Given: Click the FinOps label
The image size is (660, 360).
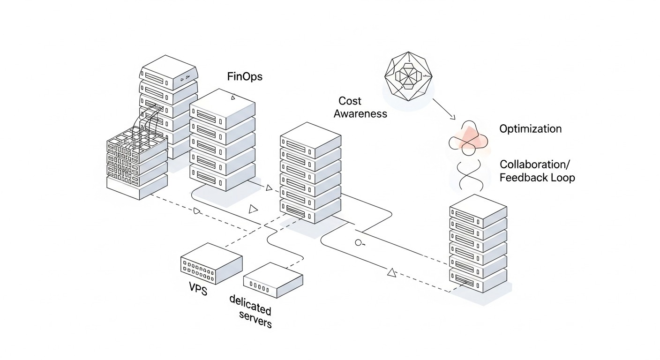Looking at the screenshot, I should click(245, 76).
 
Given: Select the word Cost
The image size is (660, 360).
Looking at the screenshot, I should click(350, 101).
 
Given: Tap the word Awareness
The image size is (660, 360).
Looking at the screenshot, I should click(360, 113).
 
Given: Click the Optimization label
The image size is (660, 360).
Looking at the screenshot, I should click(530, 129).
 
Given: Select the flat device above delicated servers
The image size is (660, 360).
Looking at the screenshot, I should click(273, 280).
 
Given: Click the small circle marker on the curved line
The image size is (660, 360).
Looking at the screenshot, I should click(359, 243).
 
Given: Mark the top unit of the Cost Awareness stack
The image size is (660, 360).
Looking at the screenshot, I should click(310, 139).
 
